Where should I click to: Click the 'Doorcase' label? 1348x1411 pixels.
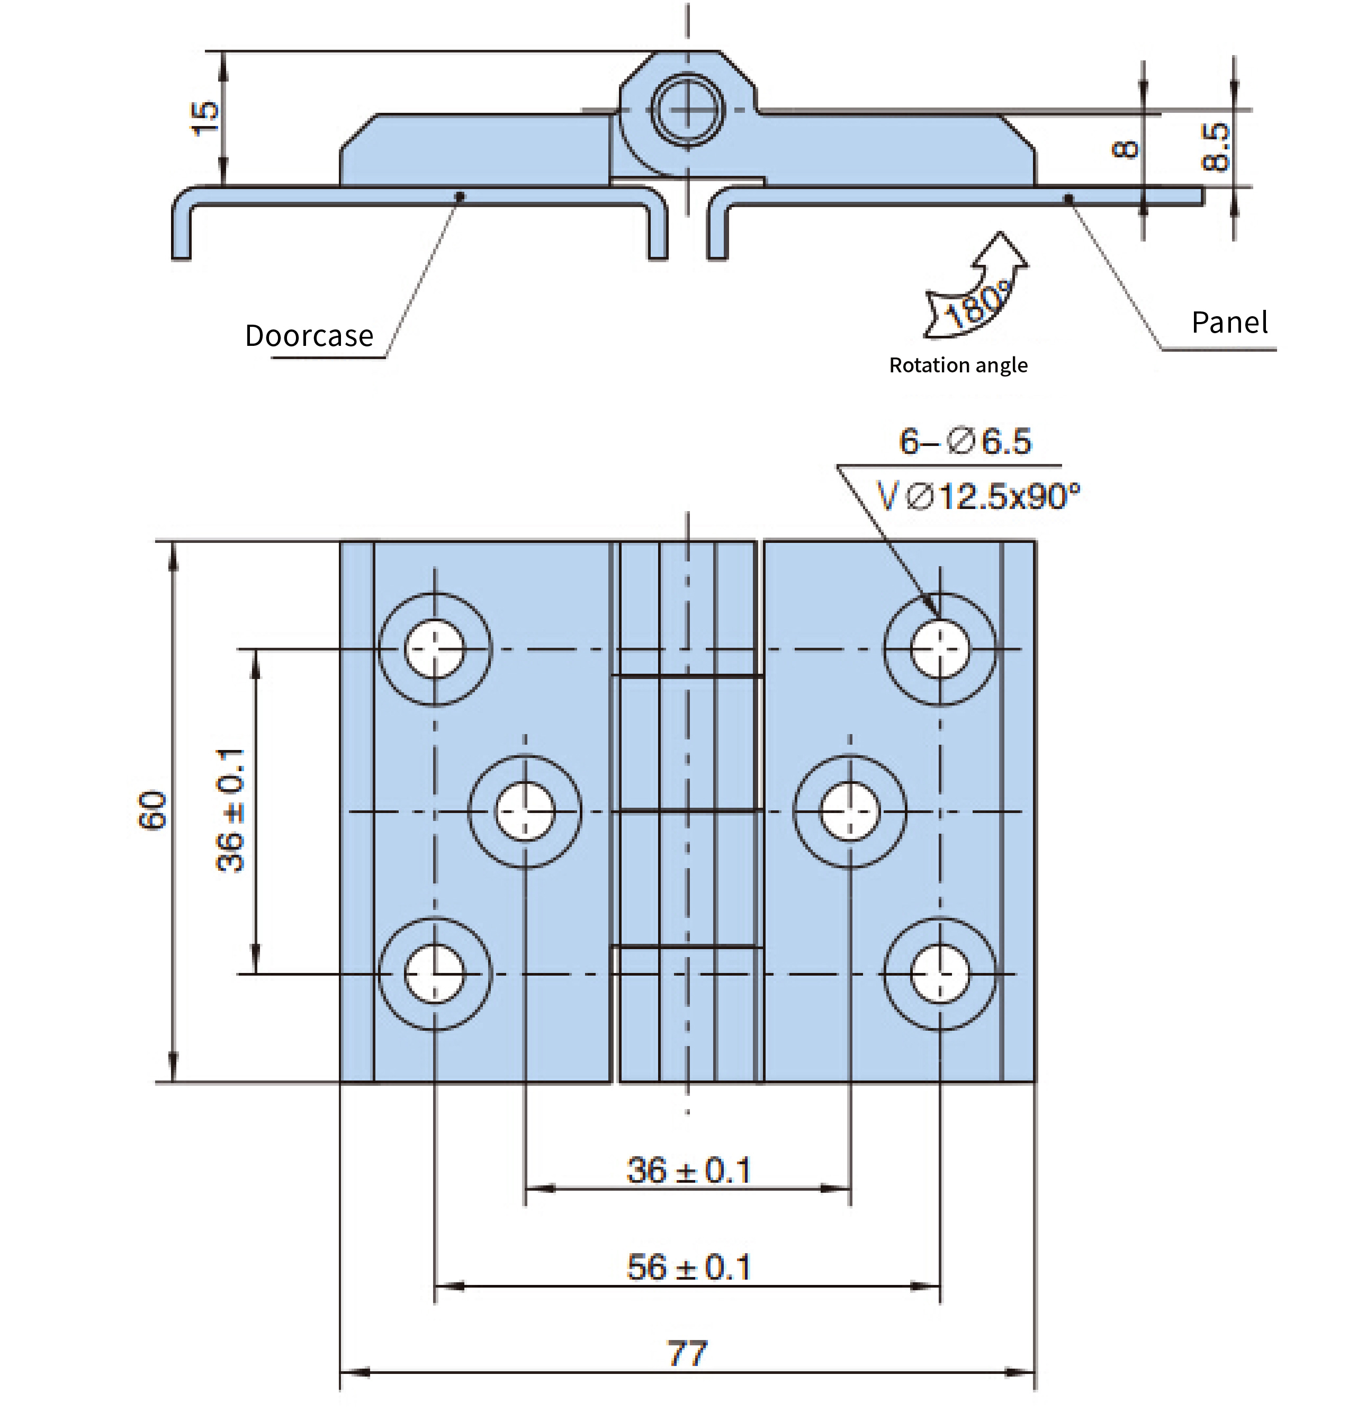309,336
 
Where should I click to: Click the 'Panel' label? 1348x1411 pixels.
1229,322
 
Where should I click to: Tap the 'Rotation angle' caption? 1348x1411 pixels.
958,365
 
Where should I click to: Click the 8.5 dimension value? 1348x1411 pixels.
1216,147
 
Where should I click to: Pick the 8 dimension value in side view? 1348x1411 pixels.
1125,149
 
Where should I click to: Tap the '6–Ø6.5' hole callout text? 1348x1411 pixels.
965,441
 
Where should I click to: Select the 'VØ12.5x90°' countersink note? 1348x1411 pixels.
978,496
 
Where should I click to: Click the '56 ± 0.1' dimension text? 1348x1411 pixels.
688,1267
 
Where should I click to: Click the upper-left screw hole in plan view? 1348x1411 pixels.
435,649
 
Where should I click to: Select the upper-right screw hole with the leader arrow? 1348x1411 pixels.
940,649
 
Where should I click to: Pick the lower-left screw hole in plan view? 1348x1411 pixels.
435,974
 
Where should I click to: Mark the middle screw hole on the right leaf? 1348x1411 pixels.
850,811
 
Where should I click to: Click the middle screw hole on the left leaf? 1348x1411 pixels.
525,811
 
